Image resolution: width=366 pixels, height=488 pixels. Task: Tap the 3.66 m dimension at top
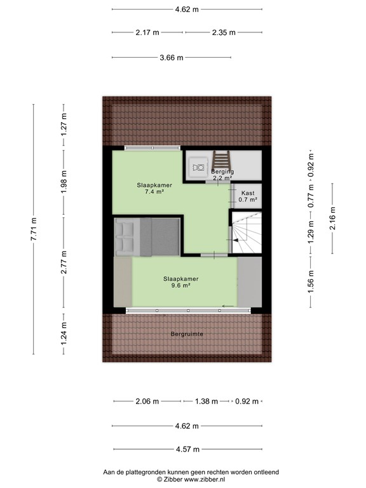pyautogui.click(x=171, y=58)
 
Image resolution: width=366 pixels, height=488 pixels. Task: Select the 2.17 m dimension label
pyautogui.click(x=147, y=32)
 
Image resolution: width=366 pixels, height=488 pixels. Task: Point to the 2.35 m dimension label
pyautogui.click(x=223, y=32)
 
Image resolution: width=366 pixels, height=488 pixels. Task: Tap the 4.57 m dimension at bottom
pyautogui.click(x=187, y=449)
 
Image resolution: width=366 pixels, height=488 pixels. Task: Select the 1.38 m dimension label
pyautogui.click(x=205, y=402)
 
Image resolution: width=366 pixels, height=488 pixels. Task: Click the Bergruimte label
pyautogui.click(x=187, y=334)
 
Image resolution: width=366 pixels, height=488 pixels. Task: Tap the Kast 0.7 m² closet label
pyautogui.click(x=247, y=196)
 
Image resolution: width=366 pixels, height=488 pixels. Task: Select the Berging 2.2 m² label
pyautogui.click(x=222, y=175)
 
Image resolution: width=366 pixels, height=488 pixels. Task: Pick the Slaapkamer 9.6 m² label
pyautogui.click(x=181, y=282)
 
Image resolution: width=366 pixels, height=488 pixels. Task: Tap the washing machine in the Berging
pyautogui.click(x=198, y=167)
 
